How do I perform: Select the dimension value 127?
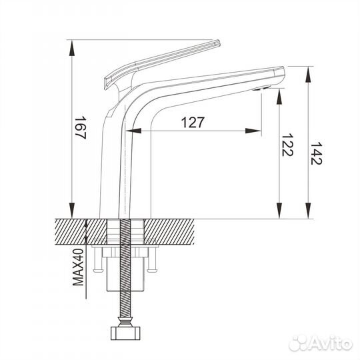191,122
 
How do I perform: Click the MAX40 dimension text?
78,266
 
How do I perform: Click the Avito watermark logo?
321,343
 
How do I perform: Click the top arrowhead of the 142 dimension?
309,72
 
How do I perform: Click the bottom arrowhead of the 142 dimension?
309,212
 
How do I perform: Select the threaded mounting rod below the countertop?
124,287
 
